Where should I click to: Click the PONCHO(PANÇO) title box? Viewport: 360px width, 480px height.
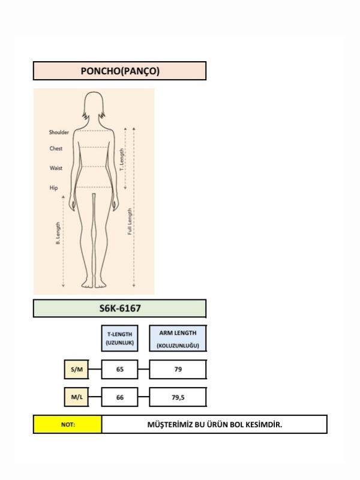(x=119, y=71)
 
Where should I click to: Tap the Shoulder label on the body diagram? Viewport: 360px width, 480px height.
(x=59, y=132)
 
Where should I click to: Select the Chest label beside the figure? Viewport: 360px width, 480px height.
(x=56, y=148)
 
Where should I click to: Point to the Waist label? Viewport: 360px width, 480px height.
(x=56, y=168)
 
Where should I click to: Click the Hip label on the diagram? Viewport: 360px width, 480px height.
(x=53, y=188)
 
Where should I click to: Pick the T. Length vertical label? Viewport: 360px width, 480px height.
(x=122, y=160)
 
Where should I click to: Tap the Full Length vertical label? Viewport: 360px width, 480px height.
(x=130, y=221)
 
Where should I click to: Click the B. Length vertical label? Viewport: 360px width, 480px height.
(x=58, y=233)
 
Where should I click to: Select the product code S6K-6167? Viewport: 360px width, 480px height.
(x=119, y=308)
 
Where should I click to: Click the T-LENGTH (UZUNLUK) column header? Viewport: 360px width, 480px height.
(x=119, y=338)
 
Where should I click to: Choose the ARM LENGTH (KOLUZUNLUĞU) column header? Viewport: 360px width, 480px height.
(x=178, y=338)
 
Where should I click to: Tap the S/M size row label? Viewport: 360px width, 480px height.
(x=77, y=370)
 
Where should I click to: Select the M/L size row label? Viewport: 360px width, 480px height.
(x=77, y=397)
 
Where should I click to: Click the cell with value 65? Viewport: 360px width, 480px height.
(x=119, y=370)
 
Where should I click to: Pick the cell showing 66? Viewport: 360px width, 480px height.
(x=119, y=397)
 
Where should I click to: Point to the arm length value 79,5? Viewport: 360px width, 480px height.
(x=178, y=397)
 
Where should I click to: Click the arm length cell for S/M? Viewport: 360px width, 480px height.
(x=178, y=370)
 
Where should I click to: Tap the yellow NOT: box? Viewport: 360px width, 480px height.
(x=68, y=424)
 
